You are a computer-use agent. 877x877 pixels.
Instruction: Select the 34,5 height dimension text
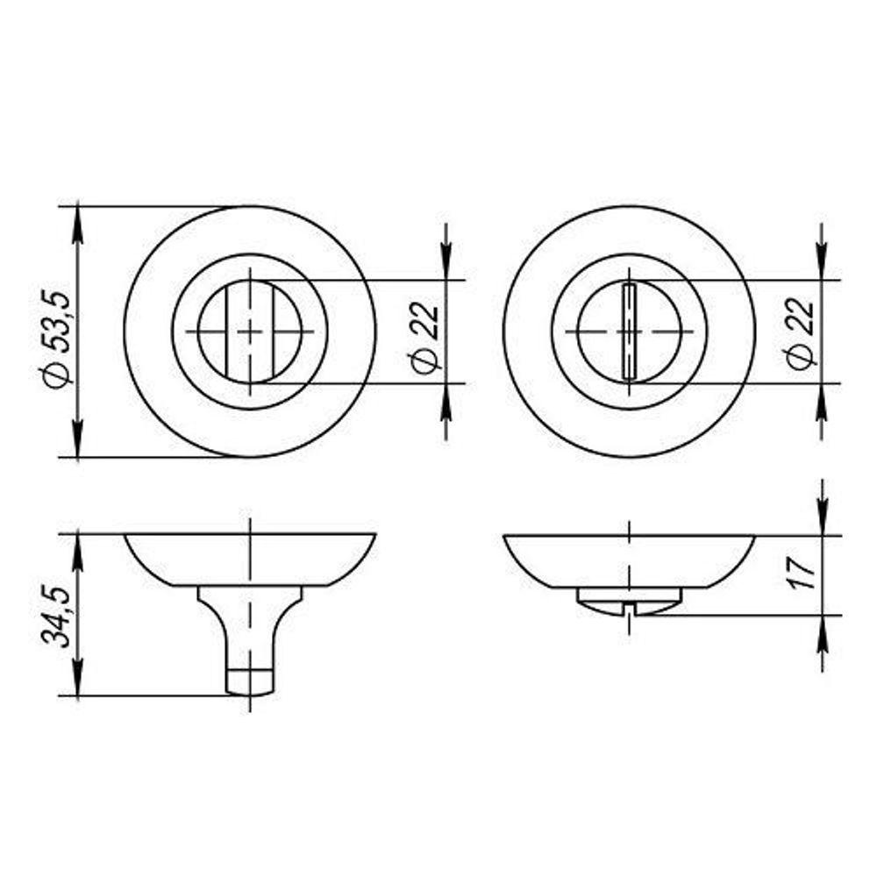[57, 617]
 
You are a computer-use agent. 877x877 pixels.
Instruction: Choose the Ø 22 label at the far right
[802, 334]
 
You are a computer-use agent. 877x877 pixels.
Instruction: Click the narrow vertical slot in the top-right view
[628, 332]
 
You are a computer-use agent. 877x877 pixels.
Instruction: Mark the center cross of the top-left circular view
[250, 332]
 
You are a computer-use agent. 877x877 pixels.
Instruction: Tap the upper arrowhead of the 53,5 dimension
[78, 220]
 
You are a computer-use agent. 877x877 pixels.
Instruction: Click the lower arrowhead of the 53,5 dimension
[78, 444]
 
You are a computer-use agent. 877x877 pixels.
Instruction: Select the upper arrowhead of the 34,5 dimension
[78, 548]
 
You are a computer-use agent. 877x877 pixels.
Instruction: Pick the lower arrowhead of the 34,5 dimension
[78, 682]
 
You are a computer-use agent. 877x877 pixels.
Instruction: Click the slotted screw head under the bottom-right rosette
[628, 602]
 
